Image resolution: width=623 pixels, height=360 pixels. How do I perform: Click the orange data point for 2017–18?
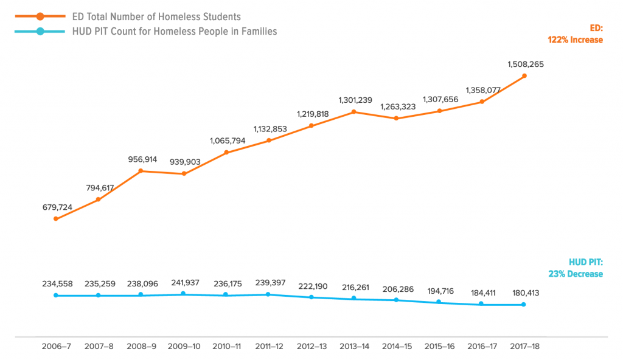(x=524, y=76)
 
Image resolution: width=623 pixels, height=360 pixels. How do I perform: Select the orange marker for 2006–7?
(x=55, y=219)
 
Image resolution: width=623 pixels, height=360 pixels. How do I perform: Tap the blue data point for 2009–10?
(x=183, y=294)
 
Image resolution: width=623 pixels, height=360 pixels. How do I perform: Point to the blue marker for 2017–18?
(x=524, y=305)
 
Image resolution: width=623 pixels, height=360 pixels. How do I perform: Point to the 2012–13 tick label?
(x=312, y=346)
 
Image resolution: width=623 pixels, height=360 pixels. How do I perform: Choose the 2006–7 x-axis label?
(x=57, y=346)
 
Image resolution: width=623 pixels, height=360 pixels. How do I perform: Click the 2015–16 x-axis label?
(x=439, y=346)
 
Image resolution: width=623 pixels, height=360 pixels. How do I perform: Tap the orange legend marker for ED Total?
(x=39, y=16)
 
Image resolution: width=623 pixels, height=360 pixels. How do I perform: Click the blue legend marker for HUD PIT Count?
(x=39, y=31)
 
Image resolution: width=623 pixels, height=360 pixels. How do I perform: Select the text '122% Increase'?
(x=575, y=40)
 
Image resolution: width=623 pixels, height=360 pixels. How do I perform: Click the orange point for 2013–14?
(x=353, y=112)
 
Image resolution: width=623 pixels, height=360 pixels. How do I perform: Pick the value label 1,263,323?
(x=397, y=107)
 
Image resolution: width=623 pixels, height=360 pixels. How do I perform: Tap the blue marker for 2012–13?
(x=311, y=297)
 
